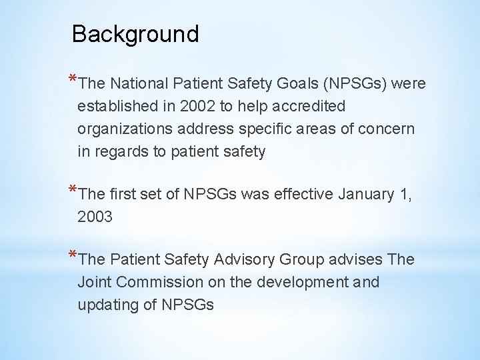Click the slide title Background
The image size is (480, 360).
[135, 34]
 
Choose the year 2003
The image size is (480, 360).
[96, 217]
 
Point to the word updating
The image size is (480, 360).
[107, 305]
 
